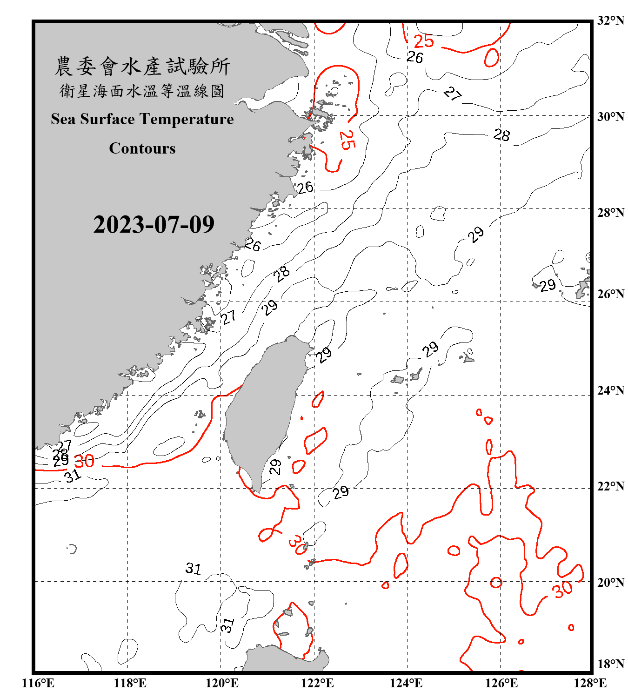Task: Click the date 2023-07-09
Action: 154,225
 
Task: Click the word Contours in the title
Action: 142,148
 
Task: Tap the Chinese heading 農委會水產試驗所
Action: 142,67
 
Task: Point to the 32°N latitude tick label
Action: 611,20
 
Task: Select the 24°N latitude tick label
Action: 611,390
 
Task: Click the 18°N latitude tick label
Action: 611,664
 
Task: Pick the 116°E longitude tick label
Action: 38,683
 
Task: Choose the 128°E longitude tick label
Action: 590,683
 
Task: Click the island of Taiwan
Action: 263,409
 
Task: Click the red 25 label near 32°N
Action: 423,41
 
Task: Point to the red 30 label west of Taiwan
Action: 84,461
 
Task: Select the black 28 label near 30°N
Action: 501,135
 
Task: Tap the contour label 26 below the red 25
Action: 414,57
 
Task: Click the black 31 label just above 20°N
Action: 193,568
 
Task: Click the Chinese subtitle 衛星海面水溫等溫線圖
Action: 142,91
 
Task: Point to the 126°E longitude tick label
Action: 501,683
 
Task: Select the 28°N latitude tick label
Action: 611,212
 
